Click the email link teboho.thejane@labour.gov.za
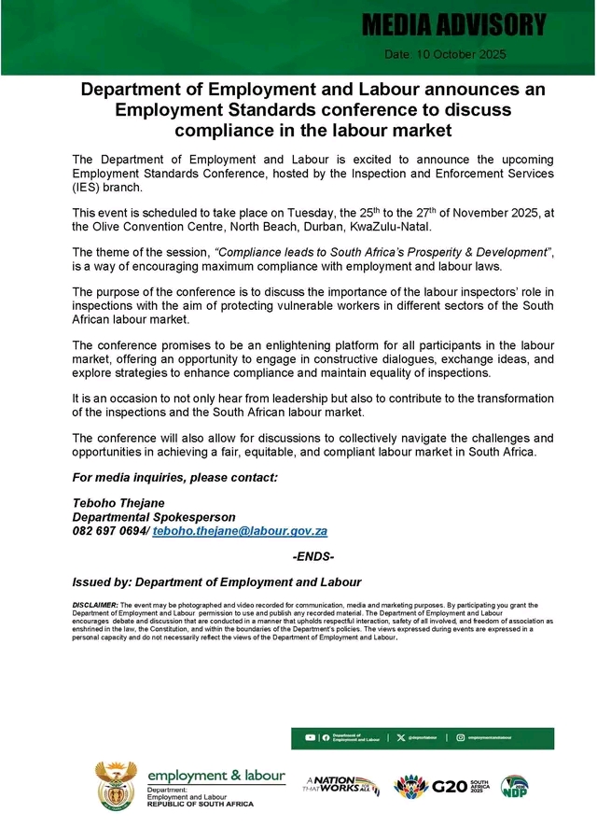240,530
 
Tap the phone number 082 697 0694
109,530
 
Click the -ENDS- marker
313,557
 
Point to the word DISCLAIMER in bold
94,606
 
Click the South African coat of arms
116,784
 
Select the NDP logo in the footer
514,786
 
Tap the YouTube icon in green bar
310,738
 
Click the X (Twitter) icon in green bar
401,738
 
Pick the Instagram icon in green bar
461,738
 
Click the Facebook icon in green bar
325,738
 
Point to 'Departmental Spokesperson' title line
154,516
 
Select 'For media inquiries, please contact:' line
175,478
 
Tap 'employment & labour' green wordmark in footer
216,775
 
